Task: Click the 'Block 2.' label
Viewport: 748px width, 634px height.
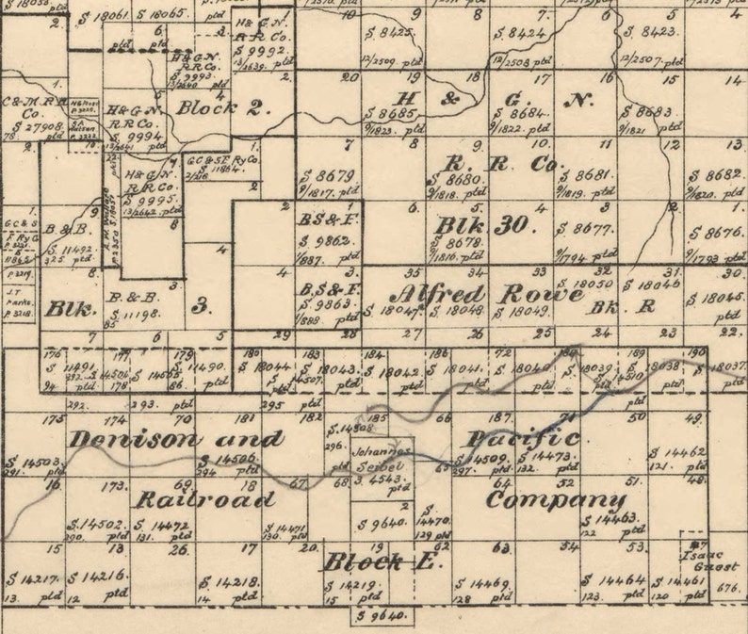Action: point(223,106)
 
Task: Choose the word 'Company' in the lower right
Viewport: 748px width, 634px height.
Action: point(555,499)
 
